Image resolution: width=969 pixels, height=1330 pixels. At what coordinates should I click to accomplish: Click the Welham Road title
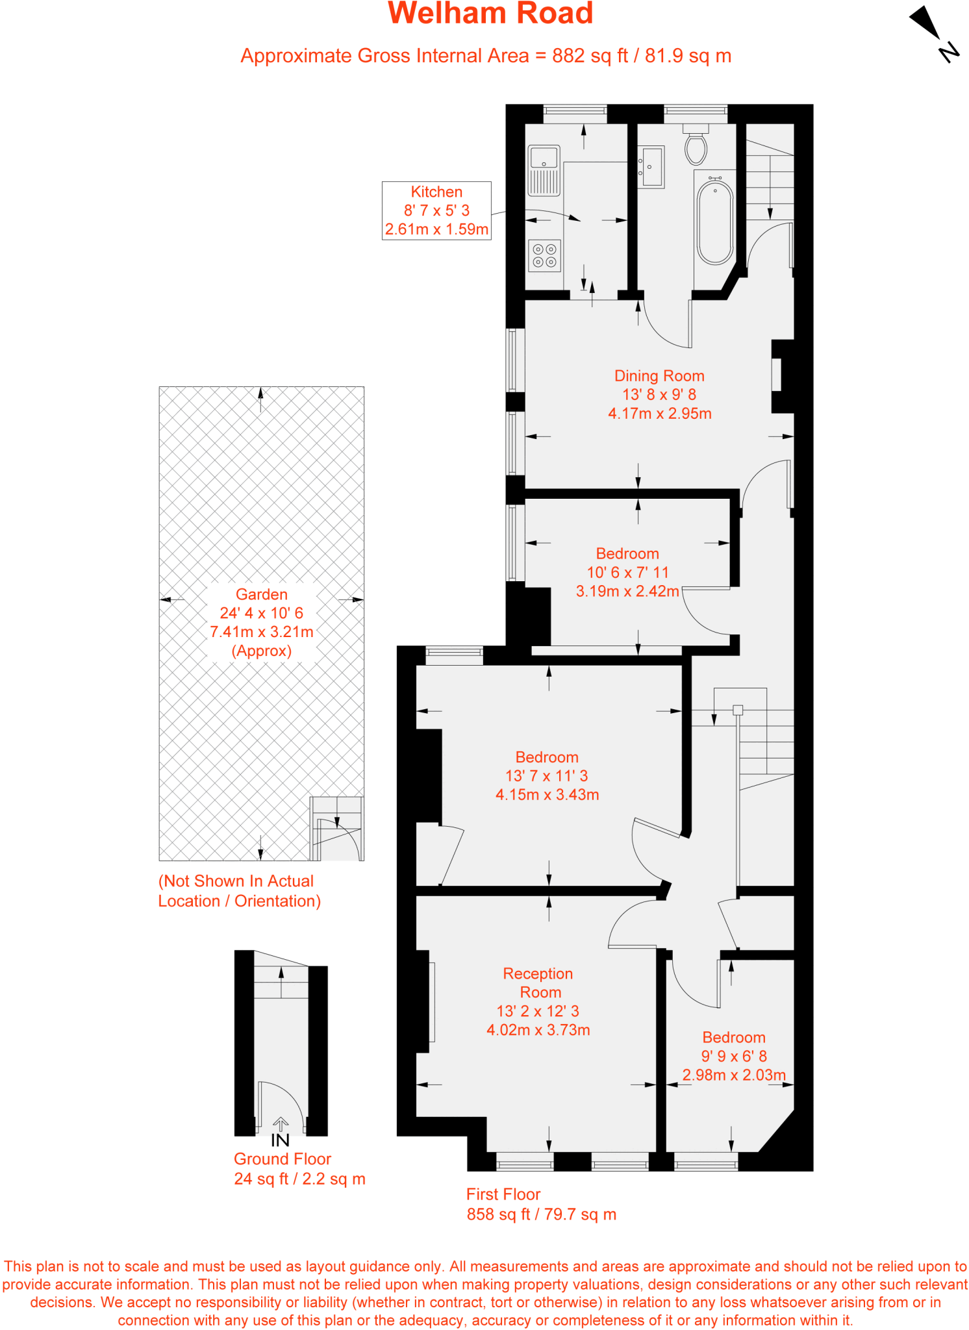(490, 14)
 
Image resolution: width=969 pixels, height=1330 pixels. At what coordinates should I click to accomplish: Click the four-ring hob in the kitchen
(544, 256)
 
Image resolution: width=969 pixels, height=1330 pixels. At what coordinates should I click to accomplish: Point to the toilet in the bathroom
(696, 146)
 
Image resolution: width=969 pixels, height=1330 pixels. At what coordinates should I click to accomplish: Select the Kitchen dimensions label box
(436, 210)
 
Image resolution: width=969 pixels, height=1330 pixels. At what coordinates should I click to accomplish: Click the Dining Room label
(659, 376)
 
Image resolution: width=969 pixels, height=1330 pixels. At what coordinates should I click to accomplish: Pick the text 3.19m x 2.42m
(627, 591)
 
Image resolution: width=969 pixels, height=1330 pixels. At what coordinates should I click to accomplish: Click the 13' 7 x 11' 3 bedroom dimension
(546, 776)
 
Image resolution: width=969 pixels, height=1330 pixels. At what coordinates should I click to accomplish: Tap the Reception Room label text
(538, 983)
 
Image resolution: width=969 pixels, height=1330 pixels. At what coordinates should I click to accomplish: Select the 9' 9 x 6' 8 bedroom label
(734, 1056)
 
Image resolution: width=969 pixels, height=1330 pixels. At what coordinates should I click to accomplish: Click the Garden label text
(261, 594)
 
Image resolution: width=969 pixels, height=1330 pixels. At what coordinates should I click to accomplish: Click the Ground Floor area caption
(299, 1168)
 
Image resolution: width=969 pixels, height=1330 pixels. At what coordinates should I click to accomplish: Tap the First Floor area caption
(541, 1204)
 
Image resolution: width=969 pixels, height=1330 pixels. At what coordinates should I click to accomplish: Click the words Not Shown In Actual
(236, 881)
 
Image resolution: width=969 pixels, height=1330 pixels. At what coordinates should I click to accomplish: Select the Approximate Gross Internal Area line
(486, 56)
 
